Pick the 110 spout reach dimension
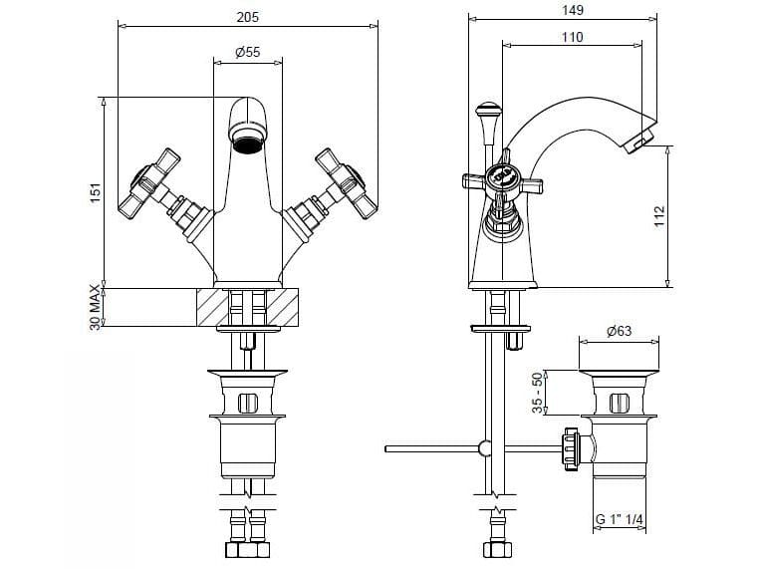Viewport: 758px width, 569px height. point(572,37)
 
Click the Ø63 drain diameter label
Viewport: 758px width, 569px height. point(620,334)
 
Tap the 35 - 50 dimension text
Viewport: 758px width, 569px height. point(540,394)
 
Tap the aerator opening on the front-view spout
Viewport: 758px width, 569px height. point(247,146)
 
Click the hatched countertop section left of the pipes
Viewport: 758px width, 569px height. point(212,307)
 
